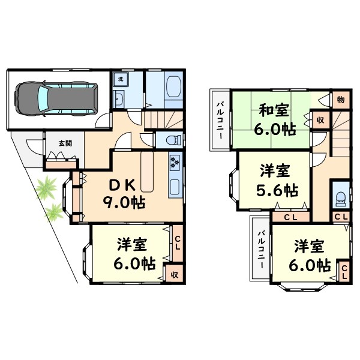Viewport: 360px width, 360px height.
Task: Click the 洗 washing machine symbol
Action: pos(120,79)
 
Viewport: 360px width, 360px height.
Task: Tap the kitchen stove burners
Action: pos(175,161)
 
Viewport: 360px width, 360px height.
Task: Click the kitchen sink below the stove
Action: pos(175,187)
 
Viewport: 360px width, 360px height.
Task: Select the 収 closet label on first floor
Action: pos(174,274)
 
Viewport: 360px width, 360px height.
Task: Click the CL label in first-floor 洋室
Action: pos(178,242)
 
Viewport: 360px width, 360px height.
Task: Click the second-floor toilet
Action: pos(340,196)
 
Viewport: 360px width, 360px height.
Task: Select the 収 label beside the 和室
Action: pos(320,119)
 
